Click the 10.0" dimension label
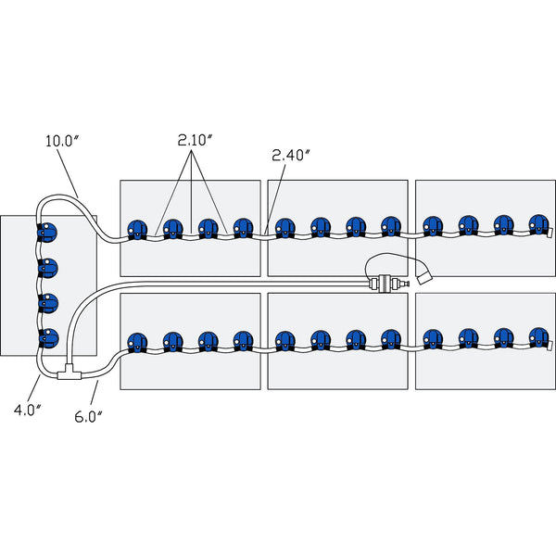click(62, 142)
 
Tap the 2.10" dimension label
click(196, 140)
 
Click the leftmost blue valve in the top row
click(138, 229)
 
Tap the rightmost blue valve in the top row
click(538, 225)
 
